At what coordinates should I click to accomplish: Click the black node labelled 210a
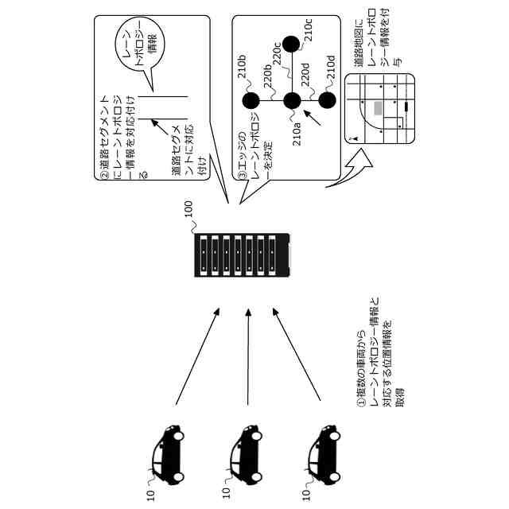pos(292,100)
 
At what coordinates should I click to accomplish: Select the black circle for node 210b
pos(251,100)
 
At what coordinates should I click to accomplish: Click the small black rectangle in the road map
pos(407,105)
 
